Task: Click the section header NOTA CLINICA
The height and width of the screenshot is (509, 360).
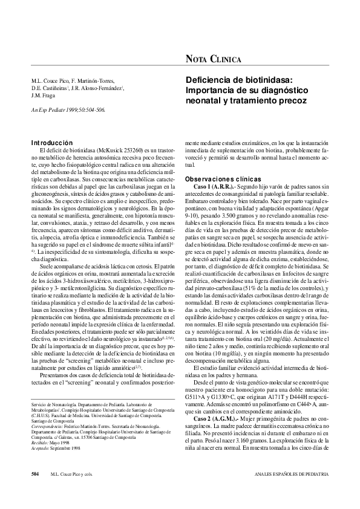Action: coord(213,59)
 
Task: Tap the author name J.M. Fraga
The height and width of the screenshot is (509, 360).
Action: coord(44,95)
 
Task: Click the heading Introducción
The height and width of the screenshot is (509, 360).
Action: coord(51,143)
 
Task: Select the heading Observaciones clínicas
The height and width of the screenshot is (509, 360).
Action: coord(223,180)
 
